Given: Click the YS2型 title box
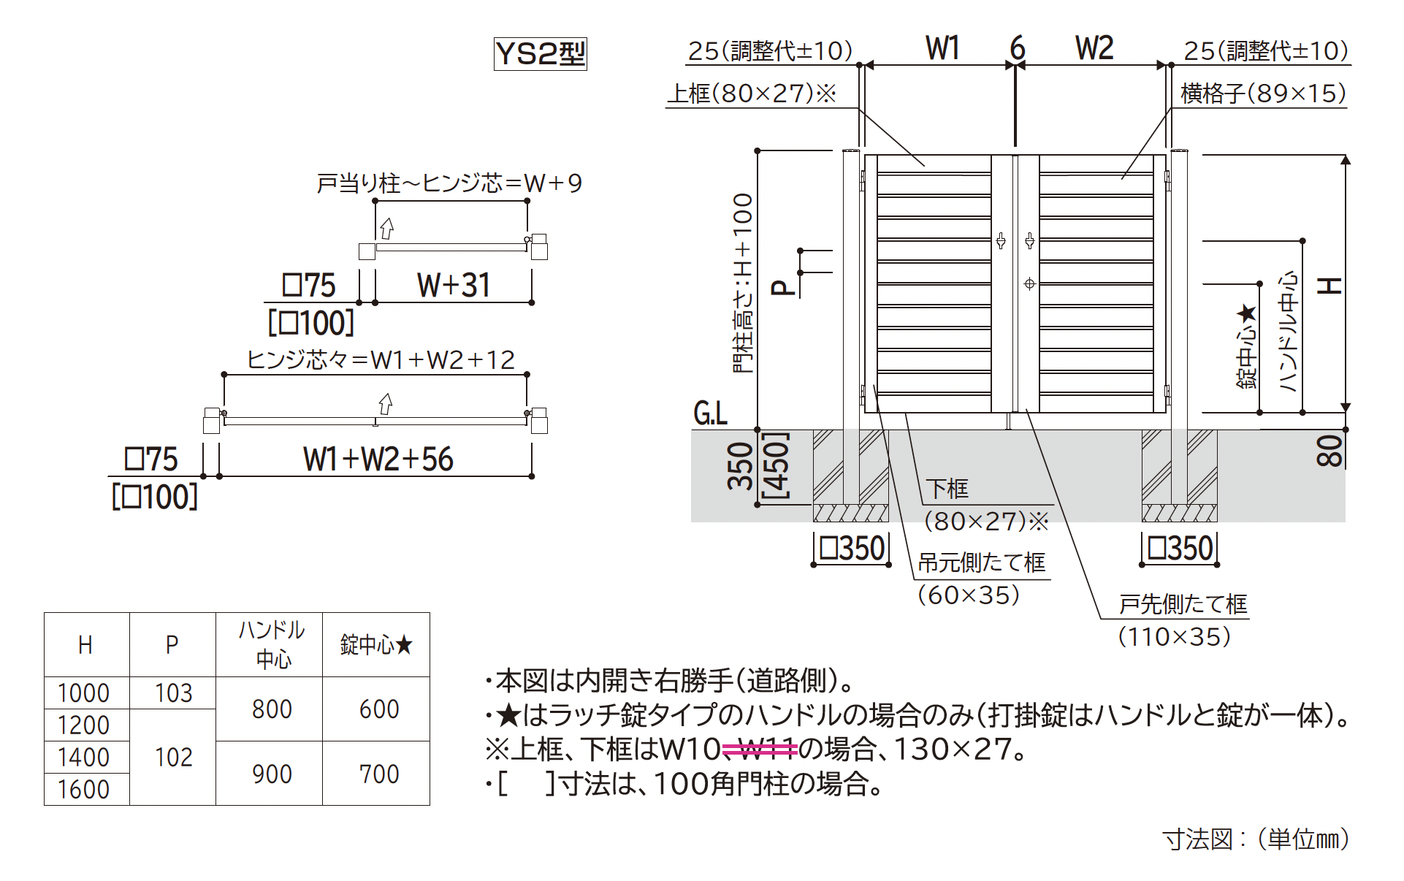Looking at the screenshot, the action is pos(540,54).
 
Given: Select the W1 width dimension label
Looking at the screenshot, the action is pos(942,48).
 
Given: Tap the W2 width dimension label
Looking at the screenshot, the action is pos(1094,48).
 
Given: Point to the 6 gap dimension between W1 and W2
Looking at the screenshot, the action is pos(1017,48).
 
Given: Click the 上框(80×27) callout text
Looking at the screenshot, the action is pos(752,94).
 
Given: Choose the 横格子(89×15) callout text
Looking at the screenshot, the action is pos(1263,94).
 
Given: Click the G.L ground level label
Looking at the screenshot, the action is pos(710,414).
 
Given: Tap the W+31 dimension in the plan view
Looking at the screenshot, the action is pos(454,286).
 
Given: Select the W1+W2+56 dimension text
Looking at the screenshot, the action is pos(378,459).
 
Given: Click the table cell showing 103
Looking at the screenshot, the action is pos(173,693).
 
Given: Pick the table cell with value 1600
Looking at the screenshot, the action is pos(84,790).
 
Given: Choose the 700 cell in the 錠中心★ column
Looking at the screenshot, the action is pos(379,774).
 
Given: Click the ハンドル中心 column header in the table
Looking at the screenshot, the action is pos(272,644).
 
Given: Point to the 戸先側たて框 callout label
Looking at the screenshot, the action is pos(1183,604).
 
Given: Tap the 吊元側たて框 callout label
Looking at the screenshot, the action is pos(981,562).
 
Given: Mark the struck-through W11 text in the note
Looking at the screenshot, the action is pos(767,749).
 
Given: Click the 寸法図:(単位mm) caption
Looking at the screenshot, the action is pos(1255,839).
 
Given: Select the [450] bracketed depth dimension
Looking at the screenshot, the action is pos(776,466).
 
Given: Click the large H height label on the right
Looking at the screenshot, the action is pos(1329,285).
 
